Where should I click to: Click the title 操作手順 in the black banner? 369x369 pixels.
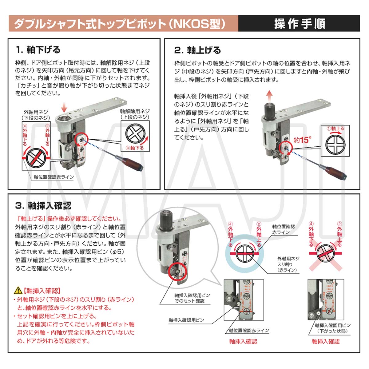coord(299,24)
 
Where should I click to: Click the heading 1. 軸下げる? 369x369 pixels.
coord(38,50)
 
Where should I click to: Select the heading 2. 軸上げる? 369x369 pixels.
coord(197,50)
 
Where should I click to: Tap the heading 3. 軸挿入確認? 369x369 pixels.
coord(43,205)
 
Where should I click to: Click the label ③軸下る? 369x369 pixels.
coord(134,148)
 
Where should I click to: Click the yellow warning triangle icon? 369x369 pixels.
coord(18,290)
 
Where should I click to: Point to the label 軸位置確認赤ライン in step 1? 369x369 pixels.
coord(54,177)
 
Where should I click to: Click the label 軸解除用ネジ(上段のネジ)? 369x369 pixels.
coord(135,114)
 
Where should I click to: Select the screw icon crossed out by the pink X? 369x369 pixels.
coord(326,253)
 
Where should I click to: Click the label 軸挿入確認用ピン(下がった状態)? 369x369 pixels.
coord(332,328)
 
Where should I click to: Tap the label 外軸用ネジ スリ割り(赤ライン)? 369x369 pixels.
coord(288,264)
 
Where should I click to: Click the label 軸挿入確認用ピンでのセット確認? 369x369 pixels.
coord(189,298)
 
